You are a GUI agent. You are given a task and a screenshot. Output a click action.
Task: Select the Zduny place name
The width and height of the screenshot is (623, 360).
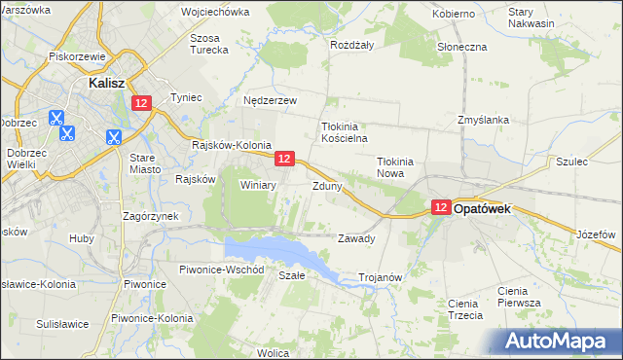coord(326,185)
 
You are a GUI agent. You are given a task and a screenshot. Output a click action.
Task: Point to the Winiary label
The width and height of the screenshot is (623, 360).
coord(258,184)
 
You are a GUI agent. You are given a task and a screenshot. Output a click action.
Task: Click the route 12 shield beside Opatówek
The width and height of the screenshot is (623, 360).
coord(441,207)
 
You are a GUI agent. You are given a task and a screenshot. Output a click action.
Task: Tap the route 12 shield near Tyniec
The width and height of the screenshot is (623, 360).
coord(143,103)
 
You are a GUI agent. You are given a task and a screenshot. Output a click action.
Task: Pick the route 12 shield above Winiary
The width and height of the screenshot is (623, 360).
coord(284,158)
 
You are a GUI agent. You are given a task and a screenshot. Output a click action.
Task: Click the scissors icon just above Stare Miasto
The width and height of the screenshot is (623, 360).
coord(114,138)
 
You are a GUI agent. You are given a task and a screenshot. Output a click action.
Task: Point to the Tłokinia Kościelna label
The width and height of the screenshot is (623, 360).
coord(342,132)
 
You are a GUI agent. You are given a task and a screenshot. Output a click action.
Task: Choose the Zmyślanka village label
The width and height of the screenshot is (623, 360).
coord(484,121)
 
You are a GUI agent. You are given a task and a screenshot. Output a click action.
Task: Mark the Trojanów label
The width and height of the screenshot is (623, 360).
coord(381,277)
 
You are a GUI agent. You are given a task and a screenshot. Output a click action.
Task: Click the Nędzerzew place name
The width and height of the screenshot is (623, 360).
coord(270,99)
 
